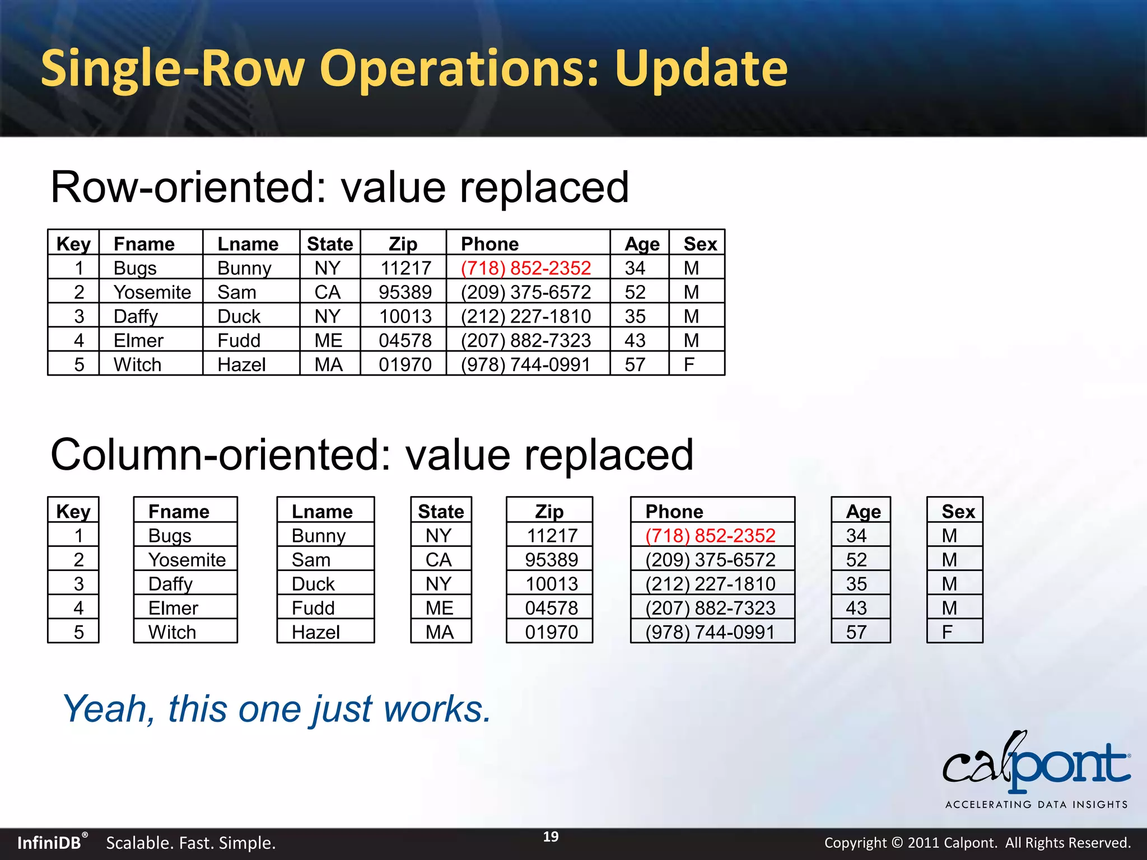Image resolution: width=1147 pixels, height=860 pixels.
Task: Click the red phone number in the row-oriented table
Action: (x=525, y=268)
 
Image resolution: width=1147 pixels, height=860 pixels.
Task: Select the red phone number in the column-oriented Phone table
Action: (x=710, y=536)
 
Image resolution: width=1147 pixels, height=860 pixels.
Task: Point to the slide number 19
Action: (x=551, y=836)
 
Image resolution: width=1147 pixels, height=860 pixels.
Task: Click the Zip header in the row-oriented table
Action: (x=403, y=244)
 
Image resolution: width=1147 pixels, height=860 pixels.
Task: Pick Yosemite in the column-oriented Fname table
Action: (x=186, y=560)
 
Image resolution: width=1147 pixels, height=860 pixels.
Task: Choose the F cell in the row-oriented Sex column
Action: (x=689, y=364)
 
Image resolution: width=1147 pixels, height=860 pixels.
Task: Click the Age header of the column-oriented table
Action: (x=862, y=512)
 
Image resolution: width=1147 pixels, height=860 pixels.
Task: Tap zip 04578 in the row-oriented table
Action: (x=405, y=340)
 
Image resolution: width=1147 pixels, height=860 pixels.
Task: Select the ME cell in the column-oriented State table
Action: (x=440, y=608)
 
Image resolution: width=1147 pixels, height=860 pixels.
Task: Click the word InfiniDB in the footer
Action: (x=49, y=843)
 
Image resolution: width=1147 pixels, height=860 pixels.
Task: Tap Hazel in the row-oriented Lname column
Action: (x=241, y=364)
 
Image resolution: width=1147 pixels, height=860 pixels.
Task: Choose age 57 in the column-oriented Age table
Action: (x=856, y=632)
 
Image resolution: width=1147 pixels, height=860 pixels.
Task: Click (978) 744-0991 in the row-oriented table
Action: (x=525, y=364)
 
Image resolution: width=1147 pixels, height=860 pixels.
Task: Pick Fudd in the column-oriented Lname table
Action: (x=313, y=608)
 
